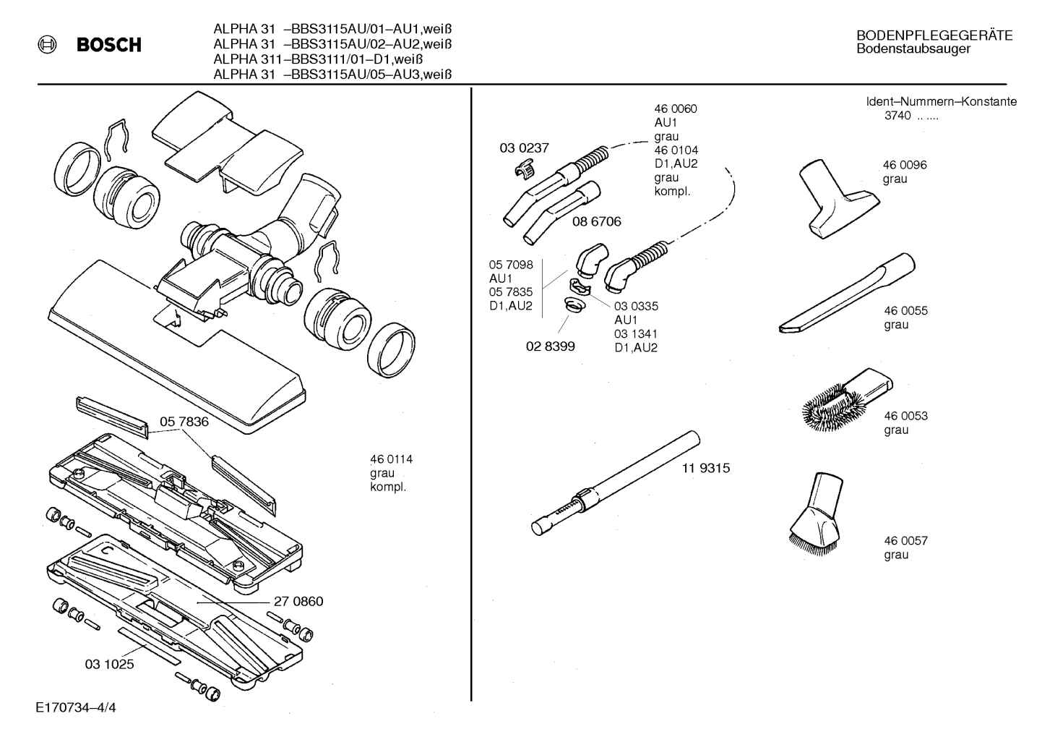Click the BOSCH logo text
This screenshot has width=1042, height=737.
click(108, 45)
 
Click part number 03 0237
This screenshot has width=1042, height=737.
click(524, 148)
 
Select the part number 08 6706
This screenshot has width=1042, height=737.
click(596, 221)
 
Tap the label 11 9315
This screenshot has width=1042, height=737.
click(705, 468)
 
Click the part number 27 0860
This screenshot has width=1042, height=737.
click(298, 602)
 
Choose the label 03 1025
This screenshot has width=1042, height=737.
click(109, 663)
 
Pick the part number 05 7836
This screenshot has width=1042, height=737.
click(184, 422)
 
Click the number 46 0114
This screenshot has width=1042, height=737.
click(391, 459)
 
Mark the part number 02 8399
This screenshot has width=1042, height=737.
click(550, 346)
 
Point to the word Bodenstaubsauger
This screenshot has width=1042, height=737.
click(913, 49)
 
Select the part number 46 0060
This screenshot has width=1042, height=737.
click(675, 109)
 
